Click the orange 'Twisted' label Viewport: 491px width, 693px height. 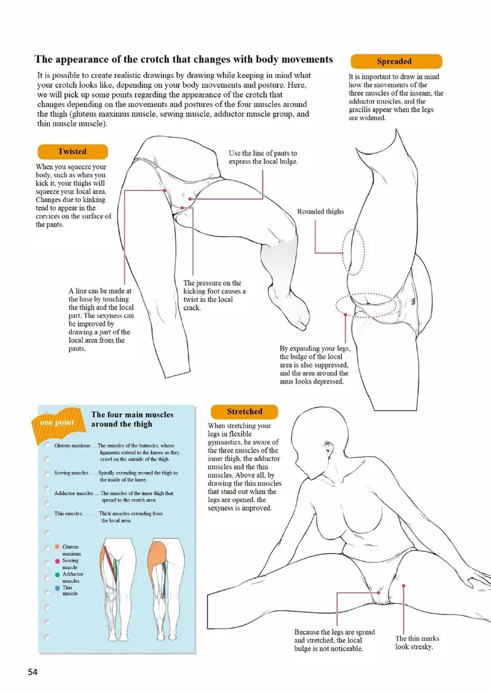(72, 152)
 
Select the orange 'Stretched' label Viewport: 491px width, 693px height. (244, 412)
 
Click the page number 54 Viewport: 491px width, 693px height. (33, 672)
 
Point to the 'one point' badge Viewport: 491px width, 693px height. (56, 422)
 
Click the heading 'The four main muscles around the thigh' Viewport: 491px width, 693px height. (132, 419)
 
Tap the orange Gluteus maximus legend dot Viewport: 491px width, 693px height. (57, 546)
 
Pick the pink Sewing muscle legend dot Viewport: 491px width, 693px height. (57, 561)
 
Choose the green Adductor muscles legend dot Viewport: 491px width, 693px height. (57, 575)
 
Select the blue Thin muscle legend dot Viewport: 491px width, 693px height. (57, 588)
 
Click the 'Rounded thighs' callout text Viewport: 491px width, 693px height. (320, 212)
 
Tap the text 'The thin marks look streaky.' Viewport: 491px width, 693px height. (417, 643)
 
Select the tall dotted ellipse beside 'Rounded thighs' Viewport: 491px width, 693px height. (354, 252)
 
